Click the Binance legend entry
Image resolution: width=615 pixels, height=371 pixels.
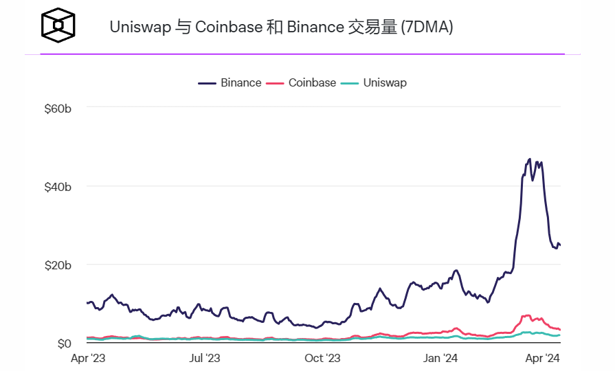point(230,82)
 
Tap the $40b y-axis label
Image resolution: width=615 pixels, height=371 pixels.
point(57,186)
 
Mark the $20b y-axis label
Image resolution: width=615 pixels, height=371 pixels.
point(57,265)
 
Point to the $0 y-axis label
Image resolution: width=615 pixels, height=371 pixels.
point(63,343)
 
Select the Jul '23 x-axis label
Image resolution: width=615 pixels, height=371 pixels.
point(204,358)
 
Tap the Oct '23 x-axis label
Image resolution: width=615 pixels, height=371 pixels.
point(323,358)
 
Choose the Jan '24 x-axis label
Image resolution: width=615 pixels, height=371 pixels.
point(441,358)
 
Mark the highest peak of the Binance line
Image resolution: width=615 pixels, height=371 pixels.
point(529,159)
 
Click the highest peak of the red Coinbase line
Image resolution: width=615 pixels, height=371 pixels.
point(527,315)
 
